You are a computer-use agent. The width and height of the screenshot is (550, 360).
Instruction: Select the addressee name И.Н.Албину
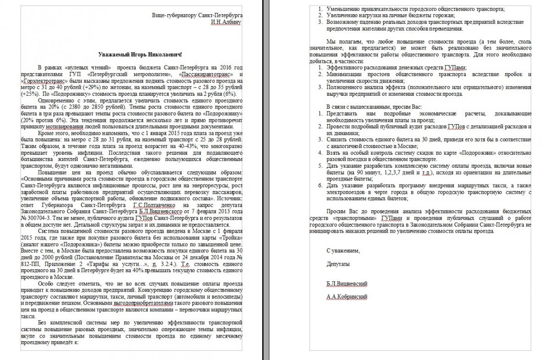click(225, 22)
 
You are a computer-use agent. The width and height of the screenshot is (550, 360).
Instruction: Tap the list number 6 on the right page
click(320, 185)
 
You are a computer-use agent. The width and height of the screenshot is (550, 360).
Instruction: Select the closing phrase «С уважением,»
click(343, 251)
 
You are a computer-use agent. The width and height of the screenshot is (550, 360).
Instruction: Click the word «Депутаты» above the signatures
click(338, 264)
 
